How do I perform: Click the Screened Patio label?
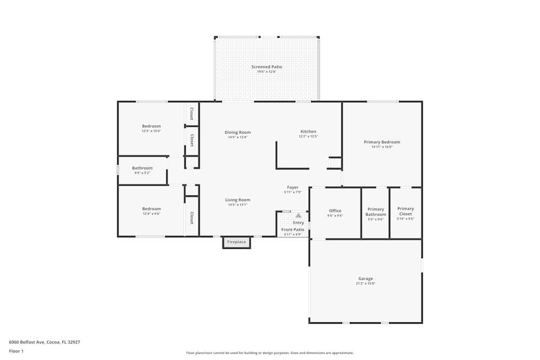(266, 67)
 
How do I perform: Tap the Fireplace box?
(237, 242)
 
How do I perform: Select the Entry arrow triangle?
(298, 215)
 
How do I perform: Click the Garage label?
(365, 279)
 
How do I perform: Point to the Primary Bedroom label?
(382, 142)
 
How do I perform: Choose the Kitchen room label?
(308, 132)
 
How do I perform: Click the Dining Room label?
(238, 132)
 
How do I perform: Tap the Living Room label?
(238, 200)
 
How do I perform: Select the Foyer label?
(293, 187)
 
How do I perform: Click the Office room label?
(335, 211)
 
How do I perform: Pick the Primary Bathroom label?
(375, 212)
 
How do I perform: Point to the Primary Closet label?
(405, 211)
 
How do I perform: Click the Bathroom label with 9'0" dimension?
(143, 168)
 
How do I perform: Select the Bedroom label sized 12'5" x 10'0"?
(151, 126)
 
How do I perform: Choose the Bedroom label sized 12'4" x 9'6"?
(151, 209)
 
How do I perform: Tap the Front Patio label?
(293, 229)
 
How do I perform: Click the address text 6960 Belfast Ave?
(44, 342)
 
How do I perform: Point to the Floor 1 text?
(16, 351)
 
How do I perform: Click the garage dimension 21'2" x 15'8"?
(365, 283)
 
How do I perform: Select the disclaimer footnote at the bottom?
(270, 353)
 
